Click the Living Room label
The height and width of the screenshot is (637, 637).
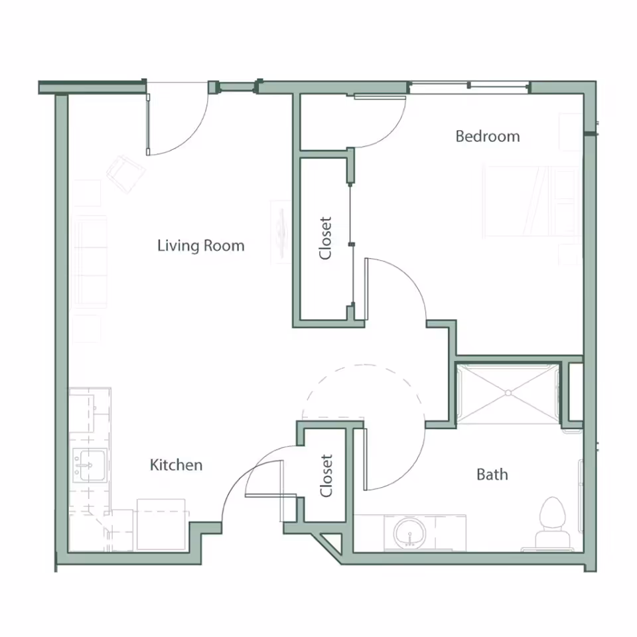(x=200, y=246)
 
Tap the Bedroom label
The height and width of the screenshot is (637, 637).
(x=487, y=136)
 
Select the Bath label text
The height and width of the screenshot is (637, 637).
(x=492, y=474)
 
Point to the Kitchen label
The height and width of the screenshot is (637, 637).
(x=176, y=464)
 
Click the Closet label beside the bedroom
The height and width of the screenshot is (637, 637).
(x=325, y=238)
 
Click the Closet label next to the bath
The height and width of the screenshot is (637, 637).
(x=326, y=475)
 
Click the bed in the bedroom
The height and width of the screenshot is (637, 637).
(x=531, y=200)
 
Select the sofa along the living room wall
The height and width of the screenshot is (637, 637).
(x=90, y=262)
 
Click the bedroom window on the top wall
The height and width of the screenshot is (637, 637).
(x=468, y=86)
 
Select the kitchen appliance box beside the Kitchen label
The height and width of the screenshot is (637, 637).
(x=161, y=524)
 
